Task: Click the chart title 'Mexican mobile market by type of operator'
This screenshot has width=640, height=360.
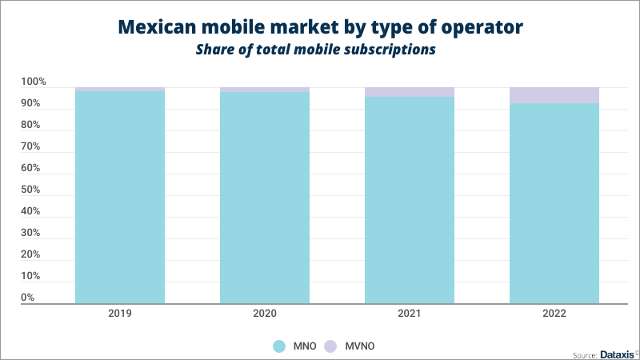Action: click(x=320, y=27)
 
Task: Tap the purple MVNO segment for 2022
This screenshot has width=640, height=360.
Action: click(x=554, y=95)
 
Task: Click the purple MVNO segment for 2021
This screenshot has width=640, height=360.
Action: click(x=410, y=92)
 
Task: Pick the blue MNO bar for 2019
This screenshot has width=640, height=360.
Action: click(x=120, y=197)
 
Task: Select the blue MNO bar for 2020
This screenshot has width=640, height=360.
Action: click(x=265, y=198)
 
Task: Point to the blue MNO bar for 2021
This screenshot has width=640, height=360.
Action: click(x=410, y=200)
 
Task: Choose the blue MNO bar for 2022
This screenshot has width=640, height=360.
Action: click(x=554, y=203)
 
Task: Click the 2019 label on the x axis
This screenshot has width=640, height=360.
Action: click(x=120, y=314)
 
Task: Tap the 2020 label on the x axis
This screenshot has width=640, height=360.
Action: click(x=265, y=314)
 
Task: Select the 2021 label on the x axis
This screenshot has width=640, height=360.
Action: click(x=410, y=314)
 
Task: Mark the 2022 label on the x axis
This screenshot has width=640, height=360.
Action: click(x=554, y=314)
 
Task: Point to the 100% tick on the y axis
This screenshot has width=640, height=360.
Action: click(x=34, y=82)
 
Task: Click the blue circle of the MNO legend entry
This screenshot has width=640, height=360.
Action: click(x=279, y=346)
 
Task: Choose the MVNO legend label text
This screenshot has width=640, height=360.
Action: click(x=361, y=346)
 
